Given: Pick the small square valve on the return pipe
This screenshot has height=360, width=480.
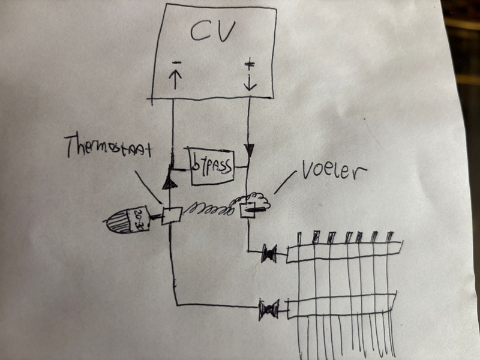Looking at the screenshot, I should [x=172, y=215].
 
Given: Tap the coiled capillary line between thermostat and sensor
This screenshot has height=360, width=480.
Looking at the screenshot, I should [x=207, y=209].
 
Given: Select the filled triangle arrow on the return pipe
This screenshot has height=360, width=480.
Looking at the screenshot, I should [x=170, y=181].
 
